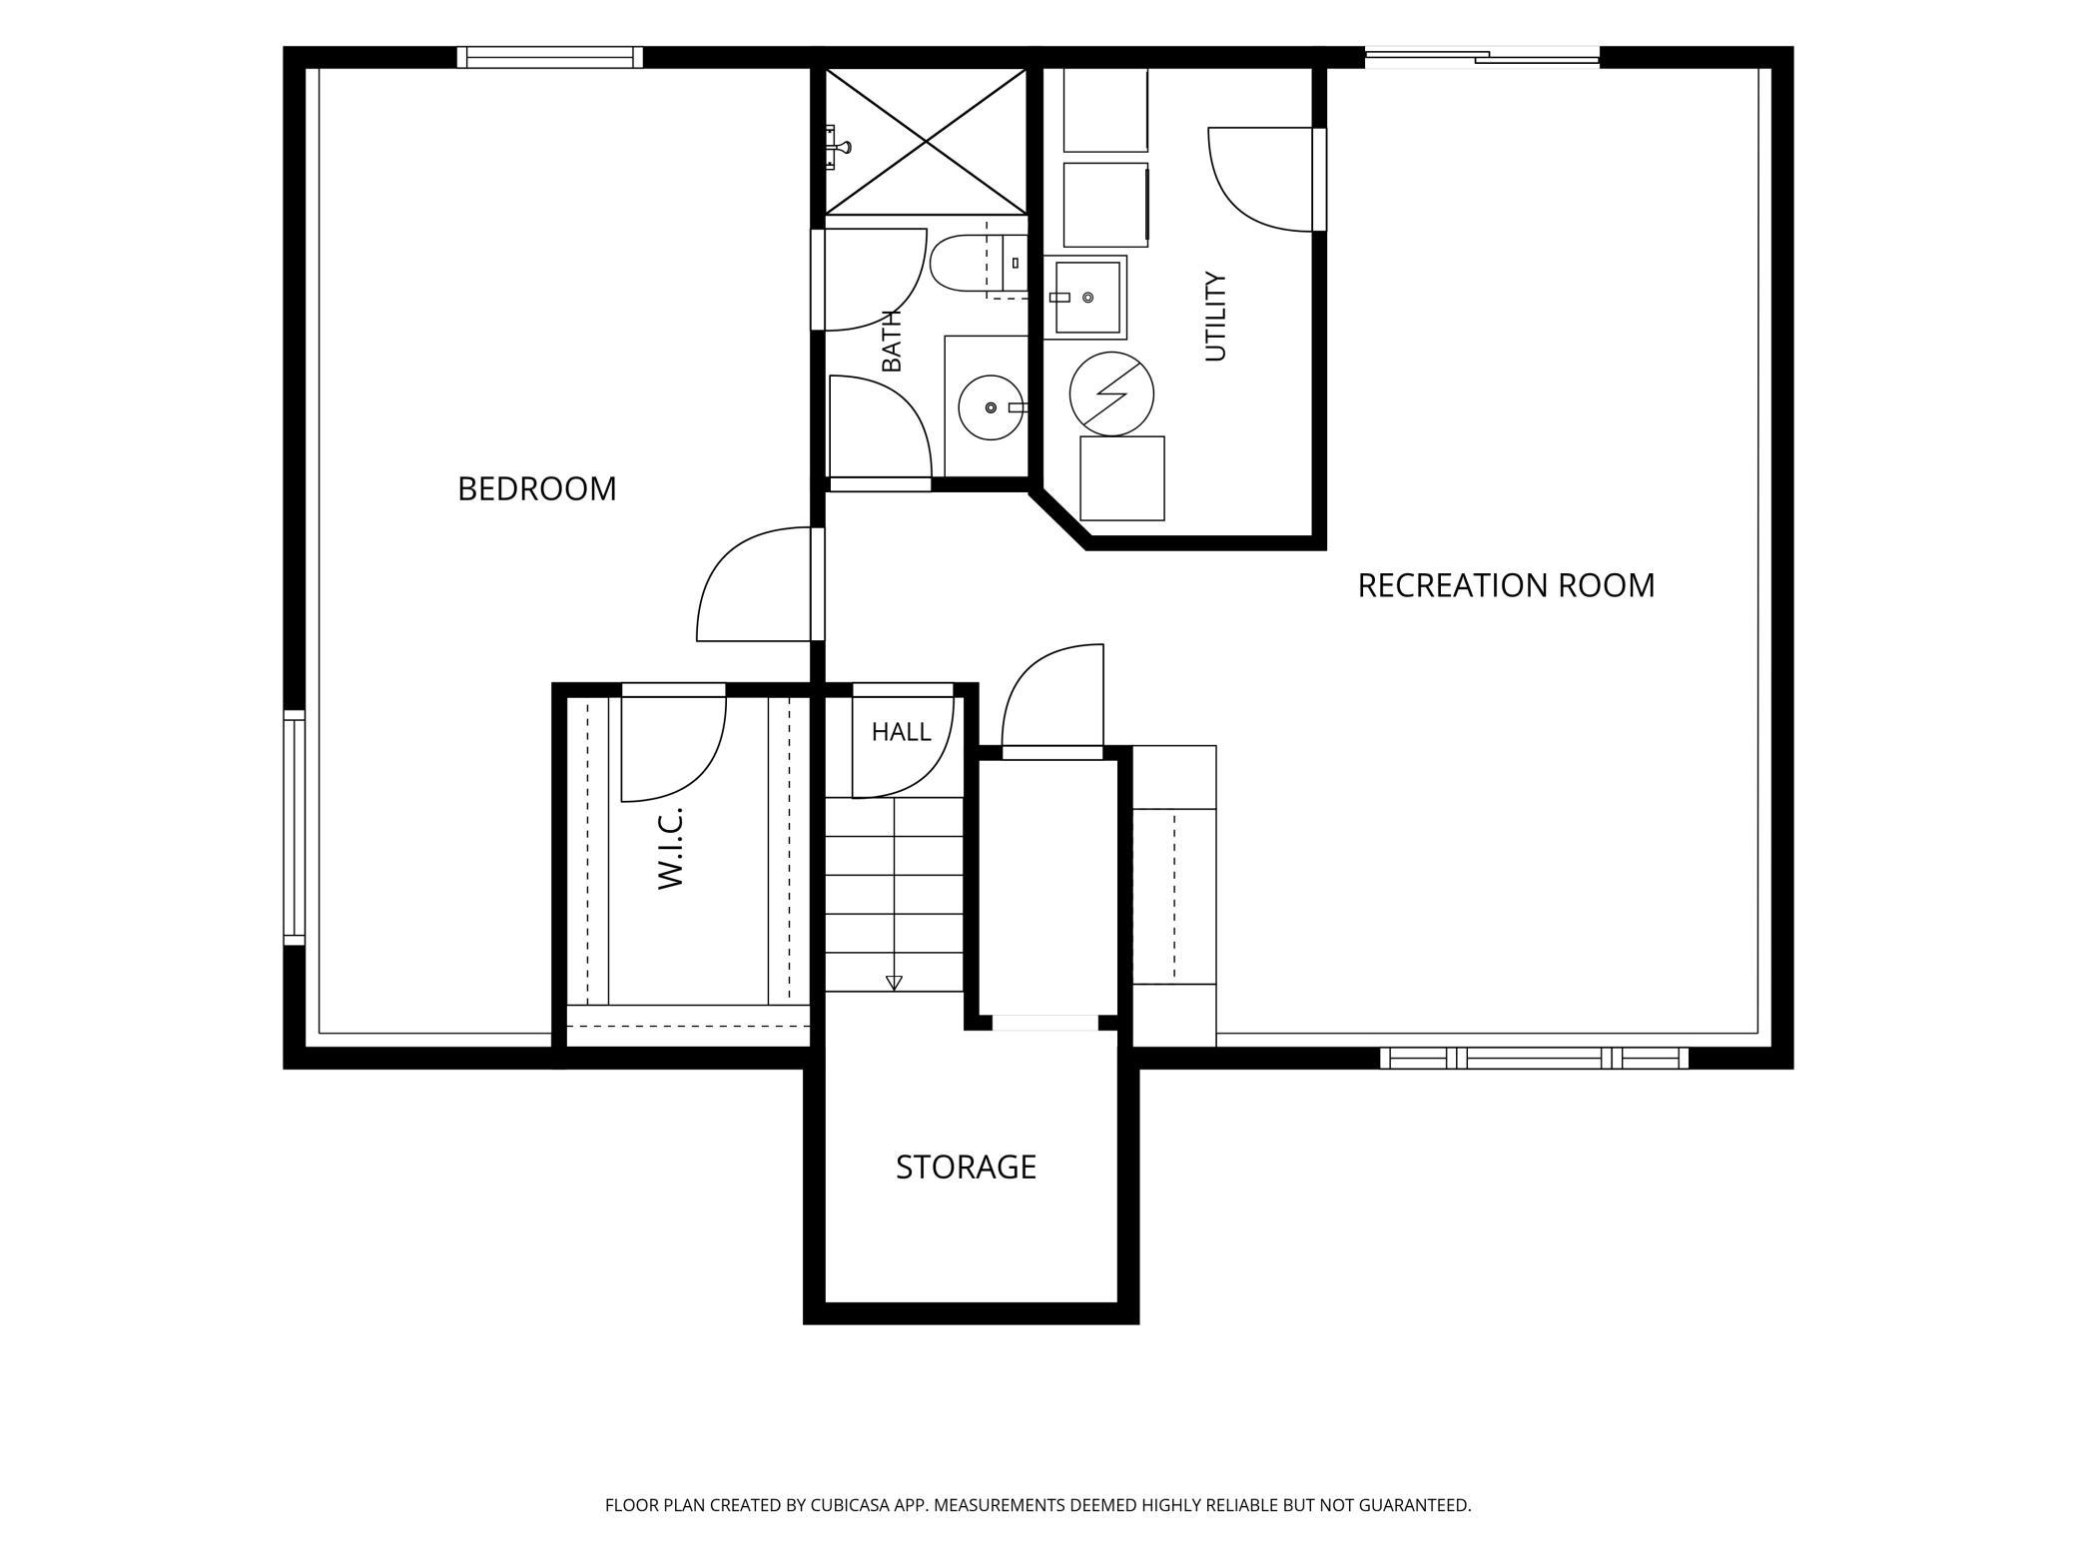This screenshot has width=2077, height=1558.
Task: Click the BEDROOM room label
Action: [x=536, y=488]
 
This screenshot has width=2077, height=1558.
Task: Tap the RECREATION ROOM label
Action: [x=1506, y=585]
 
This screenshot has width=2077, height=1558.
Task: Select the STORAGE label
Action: [x=966, y=1167]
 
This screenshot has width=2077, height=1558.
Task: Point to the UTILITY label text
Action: [x=1214, y=316]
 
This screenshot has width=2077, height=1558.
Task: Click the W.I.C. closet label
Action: [x=670, y=848]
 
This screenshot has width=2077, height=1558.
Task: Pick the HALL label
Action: [x=901, y=732]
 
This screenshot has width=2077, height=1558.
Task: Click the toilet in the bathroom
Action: [x=978, y=264]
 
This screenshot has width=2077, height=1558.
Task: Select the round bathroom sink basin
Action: [x=991, y=407]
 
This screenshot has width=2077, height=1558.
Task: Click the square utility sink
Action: [x=1084, y=297]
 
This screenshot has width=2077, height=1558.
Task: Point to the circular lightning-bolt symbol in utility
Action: [x=1111, y=393]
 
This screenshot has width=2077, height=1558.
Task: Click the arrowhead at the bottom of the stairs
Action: [x=894, y=983]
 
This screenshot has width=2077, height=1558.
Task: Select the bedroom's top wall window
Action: [x=550, y=58]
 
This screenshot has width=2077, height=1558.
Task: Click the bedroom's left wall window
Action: [x=294, y=828]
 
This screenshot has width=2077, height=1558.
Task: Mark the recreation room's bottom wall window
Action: [x=1534, y=1058]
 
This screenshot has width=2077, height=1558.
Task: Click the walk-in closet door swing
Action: [x=674, y=743]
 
